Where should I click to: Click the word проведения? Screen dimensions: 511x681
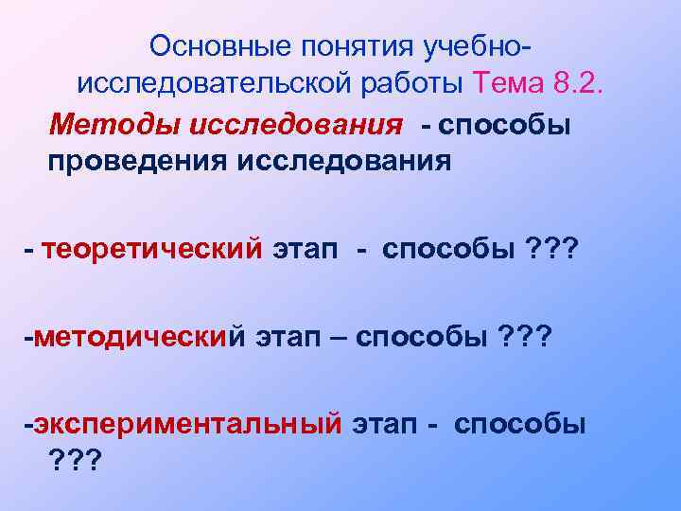(x=128, y=161)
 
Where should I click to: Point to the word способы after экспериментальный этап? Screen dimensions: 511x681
(x=519, y=425)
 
